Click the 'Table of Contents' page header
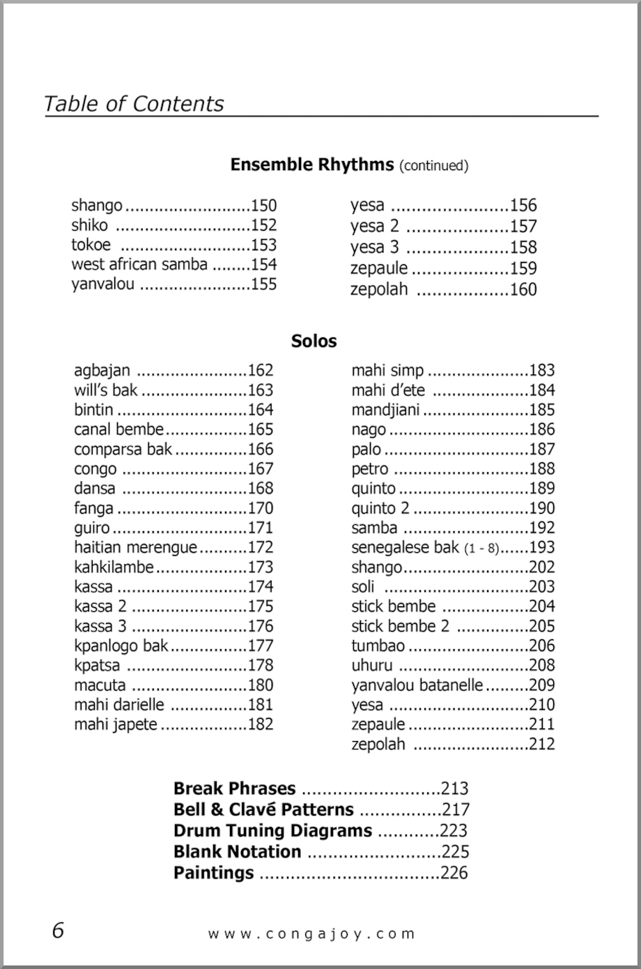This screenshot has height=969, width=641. pyautogui.click(x=134, y=104)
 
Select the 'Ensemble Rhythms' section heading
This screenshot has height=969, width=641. pyautogui.click(x=311, y=165)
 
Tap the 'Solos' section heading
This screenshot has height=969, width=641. pyautogui.click(x=314, y=341)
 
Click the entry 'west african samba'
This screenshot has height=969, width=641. pyautogui.click(x=139, y=264)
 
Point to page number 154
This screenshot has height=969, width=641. pyautogui.click(x=263, y=265)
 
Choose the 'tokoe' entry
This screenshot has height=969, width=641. pyautogui.click(x=91, y=245)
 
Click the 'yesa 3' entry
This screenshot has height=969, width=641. pyautogui.click(x=375, y=247)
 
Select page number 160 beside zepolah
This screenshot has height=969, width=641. pyautogui.click(x=523, y=289)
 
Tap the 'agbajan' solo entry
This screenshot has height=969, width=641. pyautogui.click(x=102, y=370)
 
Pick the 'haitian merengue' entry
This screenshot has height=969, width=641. pyautogui.click(x=136, y=547)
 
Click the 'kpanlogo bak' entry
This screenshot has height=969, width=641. pyautogui.click(x=121, y=646)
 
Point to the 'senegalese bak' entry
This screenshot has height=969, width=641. pyautogui.click(x=405, y=547)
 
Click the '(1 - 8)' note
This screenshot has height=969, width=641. pyautogui.click(x=481, y=549)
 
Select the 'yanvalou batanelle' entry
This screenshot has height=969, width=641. pyautogui.click(x=417, y=685)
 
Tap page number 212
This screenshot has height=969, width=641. pyautogui.click(x=541, y=744)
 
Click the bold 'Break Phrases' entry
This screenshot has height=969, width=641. pyautogui.click(x=234, y=788)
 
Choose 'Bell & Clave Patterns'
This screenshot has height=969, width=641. pyautogui.click(x=263, y=809)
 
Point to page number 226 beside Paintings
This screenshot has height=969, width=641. pyautogui.click(x=454, y=873)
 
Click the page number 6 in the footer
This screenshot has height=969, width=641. pyautogui.click(x=57, y=930)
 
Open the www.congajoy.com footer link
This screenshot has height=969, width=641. pyautogui.click(x=311, y=933)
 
